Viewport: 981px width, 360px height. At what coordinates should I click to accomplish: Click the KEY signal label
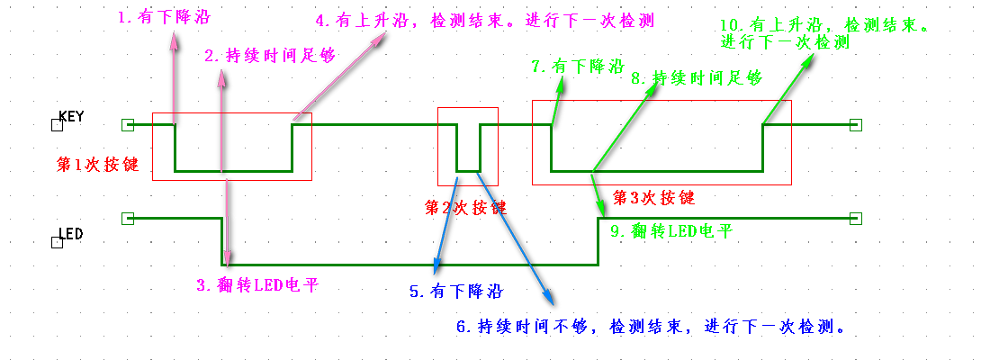71,116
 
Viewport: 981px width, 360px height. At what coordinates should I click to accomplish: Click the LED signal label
71,234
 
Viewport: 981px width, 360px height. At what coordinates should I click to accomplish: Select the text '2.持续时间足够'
269,56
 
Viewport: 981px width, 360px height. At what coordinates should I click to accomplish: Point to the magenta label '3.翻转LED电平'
257,285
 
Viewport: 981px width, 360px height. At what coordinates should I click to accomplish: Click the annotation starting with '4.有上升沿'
484,20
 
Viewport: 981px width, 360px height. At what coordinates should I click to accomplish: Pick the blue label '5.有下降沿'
455,292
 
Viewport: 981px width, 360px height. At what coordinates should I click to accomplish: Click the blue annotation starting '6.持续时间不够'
648,326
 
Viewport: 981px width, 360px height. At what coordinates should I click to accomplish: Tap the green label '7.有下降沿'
578,67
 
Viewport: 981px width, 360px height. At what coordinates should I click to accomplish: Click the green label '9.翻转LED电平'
671,231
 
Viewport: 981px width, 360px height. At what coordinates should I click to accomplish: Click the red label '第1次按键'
97,165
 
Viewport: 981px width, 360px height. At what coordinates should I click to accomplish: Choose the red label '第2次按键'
465,207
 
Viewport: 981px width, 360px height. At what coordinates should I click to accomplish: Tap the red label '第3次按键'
653,196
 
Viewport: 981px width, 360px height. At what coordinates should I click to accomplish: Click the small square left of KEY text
58,125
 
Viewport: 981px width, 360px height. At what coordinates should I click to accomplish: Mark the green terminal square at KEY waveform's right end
855,125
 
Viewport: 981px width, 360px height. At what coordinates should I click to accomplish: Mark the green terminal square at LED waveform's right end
855,218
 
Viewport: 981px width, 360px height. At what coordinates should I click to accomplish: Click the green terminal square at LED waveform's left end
127,218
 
